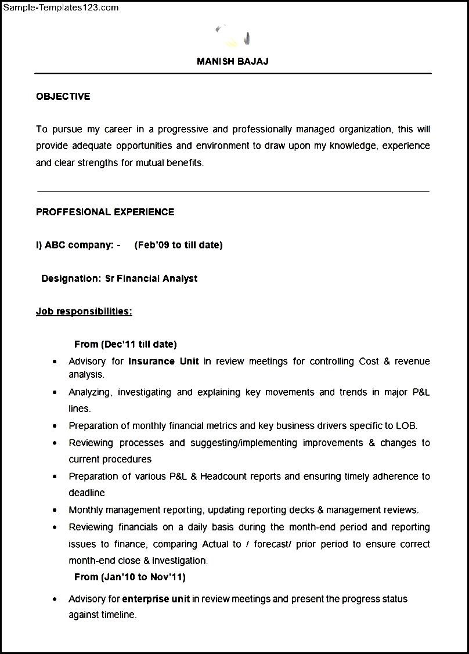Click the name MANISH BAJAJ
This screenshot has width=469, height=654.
coord(232,62)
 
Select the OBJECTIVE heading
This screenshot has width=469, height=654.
coord(63,96)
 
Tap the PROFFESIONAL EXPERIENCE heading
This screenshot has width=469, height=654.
coord(105,212)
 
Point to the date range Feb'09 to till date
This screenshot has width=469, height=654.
coord(178,245)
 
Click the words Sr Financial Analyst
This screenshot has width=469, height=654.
coord(151,279)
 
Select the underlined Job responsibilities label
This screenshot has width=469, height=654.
coord(84,312)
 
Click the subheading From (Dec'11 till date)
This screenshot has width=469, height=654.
coord(125,344)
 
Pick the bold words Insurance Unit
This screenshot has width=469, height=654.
coord(164,361)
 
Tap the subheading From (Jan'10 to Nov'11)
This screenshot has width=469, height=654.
coord(130,577)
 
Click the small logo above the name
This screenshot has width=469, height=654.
coord(233,37)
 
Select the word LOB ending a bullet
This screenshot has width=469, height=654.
coord(406,425)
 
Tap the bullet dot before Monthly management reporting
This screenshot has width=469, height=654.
coord(55,511)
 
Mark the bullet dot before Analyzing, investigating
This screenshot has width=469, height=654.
coord(55,393)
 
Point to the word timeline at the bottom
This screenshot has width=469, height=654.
coord(118,615)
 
